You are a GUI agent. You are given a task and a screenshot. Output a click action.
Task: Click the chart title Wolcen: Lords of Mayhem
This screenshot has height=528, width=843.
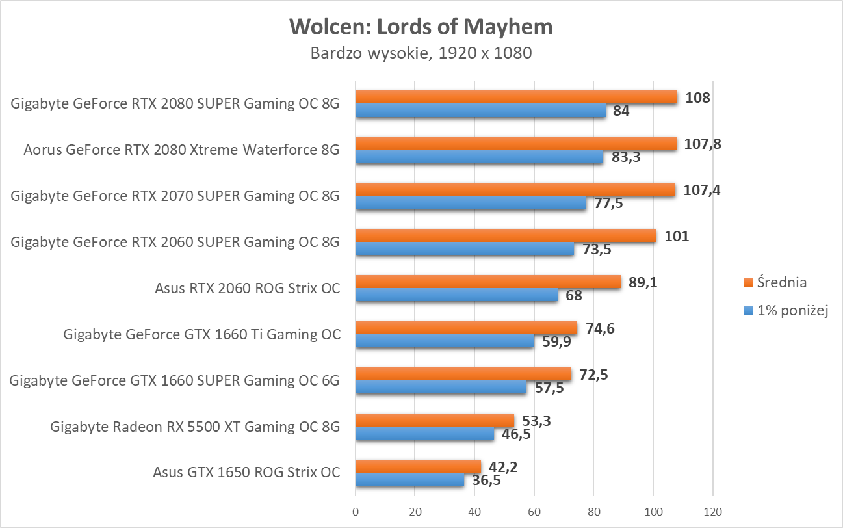(x=421, y=26)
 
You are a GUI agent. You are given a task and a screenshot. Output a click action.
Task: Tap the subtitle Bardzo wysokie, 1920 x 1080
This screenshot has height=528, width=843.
(x=421, y=53)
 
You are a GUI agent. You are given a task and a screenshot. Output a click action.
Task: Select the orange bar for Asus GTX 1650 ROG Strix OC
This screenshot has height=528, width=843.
(x=418, y=466)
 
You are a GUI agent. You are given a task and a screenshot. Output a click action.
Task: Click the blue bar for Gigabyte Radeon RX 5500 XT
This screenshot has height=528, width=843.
(x=424, y=434)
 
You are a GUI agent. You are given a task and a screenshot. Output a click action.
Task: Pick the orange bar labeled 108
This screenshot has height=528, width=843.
(x=516, y=98)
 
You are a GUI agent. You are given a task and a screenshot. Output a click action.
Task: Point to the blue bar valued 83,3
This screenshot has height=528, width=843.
(x=479, y=157)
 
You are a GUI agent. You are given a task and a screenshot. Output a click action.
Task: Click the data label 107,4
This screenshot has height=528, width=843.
(x=702, y=190)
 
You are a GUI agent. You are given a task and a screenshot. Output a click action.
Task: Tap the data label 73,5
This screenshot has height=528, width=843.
(x=596, y=249)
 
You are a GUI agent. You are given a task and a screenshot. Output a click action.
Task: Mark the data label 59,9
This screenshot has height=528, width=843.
(x=556, y=341)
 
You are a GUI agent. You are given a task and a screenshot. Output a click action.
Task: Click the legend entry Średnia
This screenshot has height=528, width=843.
(x=774, y=282)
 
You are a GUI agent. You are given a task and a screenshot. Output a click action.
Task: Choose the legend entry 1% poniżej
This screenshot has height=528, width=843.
(x=783, y=311)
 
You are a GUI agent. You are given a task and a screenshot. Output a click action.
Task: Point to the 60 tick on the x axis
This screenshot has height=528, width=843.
(x=534, y=512)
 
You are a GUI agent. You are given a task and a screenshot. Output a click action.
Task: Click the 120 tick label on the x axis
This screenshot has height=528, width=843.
(x=713, y=512)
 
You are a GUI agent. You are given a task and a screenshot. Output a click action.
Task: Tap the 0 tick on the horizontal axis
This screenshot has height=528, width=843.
(x=356, y=512)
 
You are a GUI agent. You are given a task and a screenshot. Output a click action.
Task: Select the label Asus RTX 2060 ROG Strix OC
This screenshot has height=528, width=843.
(x=247, y=288)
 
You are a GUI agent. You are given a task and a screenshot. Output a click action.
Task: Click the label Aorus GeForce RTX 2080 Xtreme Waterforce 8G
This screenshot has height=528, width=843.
(x=181, y=150)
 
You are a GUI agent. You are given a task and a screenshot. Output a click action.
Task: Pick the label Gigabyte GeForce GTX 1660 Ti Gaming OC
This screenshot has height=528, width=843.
(x=201, y=334)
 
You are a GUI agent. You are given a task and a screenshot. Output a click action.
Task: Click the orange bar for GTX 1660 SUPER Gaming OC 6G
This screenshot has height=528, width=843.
(x=463, y=374)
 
